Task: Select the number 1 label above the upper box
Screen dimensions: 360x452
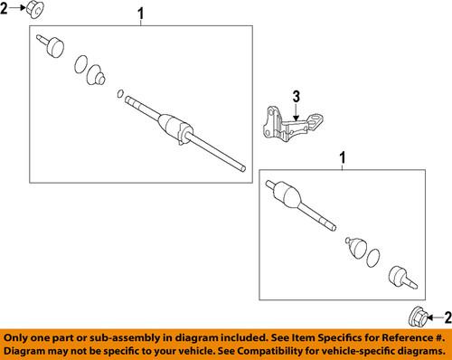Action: pos(140,13)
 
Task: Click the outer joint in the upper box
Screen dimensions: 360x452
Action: pos(52,44)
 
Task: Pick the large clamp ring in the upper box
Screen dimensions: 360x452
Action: pos(80,63)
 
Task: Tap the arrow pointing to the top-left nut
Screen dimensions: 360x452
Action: pos(20,9)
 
